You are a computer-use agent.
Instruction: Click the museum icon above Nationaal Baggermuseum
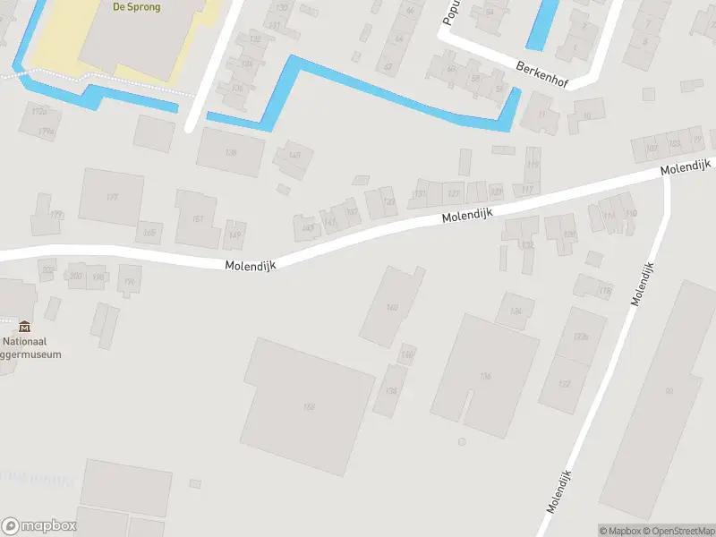(24, 326)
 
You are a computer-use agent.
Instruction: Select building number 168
(308, 408)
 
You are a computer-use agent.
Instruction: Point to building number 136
(486, 376)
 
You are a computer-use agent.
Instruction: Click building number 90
(669, 390)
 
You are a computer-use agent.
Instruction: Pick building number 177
(112, 197)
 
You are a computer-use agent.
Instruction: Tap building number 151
(198, 218)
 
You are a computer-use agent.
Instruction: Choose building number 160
(391, 307)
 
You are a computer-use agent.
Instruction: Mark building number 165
(149, 234)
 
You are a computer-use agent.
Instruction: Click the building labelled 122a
(581, 337)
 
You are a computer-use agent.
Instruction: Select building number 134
(515, 311)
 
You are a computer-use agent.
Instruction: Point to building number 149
(235, 235)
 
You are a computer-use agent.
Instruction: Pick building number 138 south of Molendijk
(391, 390)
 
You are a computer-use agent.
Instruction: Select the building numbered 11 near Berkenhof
(542, 115)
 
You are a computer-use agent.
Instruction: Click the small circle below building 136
(462, 441)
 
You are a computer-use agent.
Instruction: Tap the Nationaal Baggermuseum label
(32, 347)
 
